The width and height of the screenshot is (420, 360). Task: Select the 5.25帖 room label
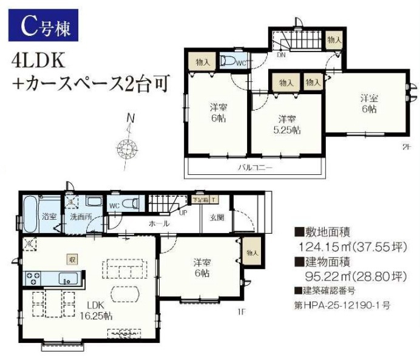pyautogui.click(x=287, y=124)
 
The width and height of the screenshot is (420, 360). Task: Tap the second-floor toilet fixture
pyautogui.click(x=228, y=61)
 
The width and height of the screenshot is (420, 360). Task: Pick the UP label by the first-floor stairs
pyautogui.click(x=181, y=212)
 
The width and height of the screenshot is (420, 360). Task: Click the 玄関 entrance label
pyautogui.click(x=217, y=217)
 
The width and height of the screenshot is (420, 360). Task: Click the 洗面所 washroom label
pyautogui.click(x=79, y=216)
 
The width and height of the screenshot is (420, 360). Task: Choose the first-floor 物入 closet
pyautogui.click(x=252, y=253)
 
